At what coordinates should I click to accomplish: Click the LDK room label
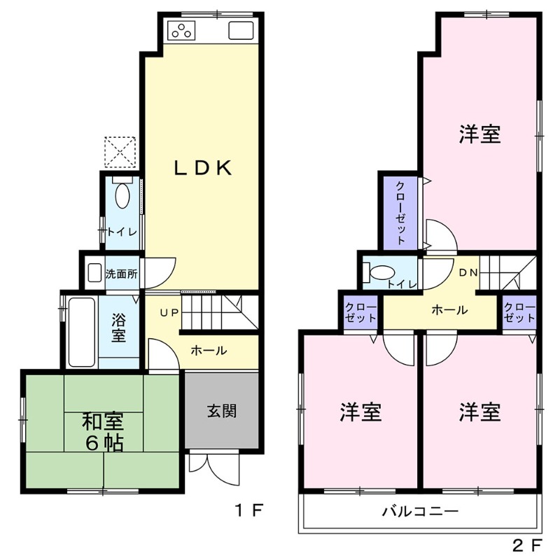pyautogui.click(x=202, y=168)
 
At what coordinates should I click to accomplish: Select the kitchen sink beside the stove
pyautogui.click(x=240, y=31)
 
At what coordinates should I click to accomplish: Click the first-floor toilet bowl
pyautogui.click(x=122, y=195)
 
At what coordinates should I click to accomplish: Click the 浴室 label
pyautogui.click(x=118, y=328)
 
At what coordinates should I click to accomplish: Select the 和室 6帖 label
pyautogui.click(x=103, y=432)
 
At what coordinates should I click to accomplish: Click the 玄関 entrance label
pyautogui.click(x=221, y=410)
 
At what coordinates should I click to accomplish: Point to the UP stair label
pyautogui.click(x=169, y=313)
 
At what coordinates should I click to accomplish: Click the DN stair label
pyautogui.click(x=468, y=272)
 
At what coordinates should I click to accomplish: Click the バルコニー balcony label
pyautogui.click(x=420, y=512)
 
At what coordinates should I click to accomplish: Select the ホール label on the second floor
pyautogui.click(x=449, y=310)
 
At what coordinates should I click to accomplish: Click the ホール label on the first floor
pyautogui.click(x=208, y=350)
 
